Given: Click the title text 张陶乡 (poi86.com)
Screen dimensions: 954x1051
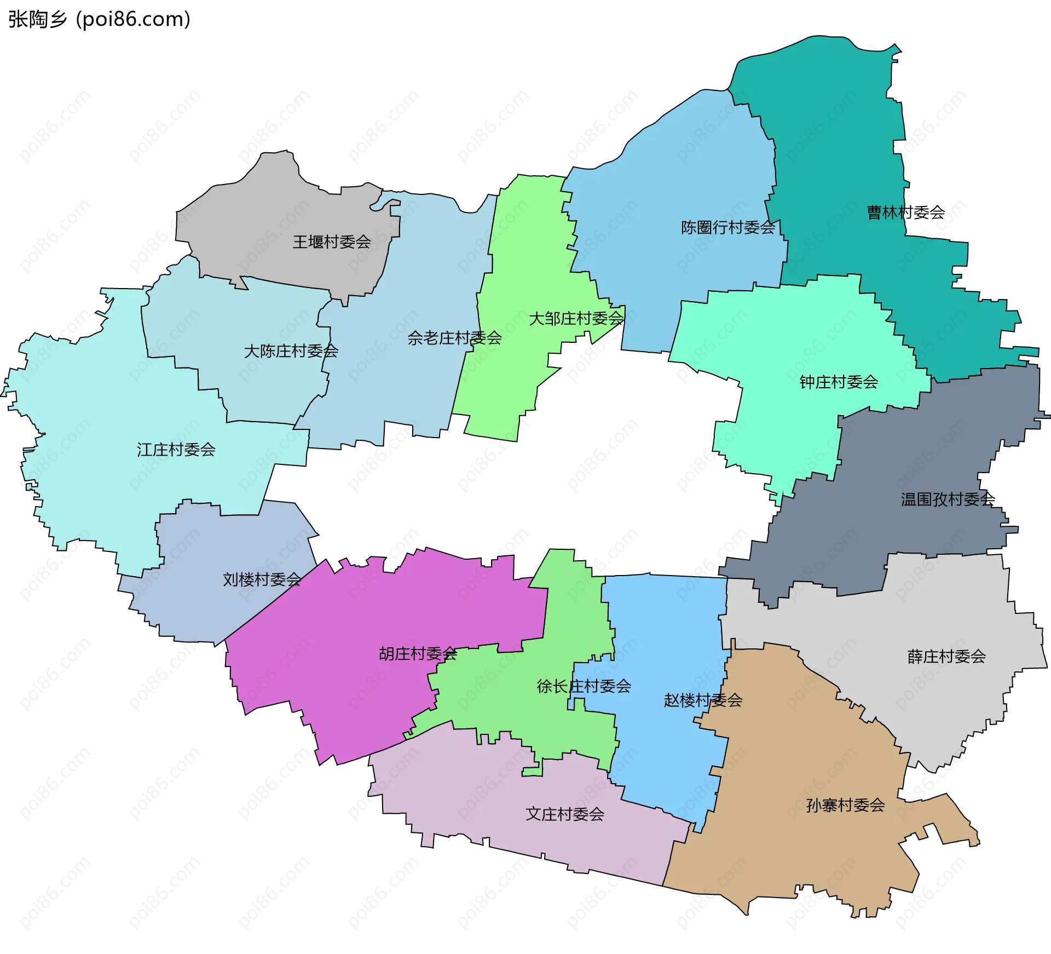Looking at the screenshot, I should pos(99,19).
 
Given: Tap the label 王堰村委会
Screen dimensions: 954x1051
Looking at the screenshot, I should pos(331,242).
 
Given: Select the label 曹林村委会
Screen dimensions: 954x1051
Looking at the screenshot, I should pos(905,212).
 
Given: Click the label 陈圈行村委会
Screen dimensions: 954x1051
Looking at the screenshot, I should pos(727,227).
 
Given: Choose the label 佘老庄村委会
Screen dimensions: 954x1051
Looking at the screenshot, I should pos(454,338).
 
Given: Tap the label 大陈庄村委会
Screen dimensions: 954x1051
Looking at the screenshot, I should pos(291,351).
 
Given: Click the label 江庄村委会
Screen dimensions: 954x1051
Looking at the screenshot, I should pos(176,450).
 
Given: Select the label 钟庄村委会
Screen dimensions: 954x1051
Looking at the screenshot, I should pos(839,382).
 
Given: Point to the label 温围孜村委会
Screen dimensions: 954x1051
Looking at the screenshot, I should pos(948,499).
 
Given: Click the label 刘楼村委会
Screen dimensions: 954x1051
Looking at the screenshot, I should pos(262,579).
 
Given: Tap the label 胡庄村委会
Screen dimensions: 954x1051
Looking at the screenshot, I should pos(418,653).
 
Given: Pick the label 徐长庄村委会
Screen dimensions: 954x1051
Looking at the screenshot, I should pos(584,686).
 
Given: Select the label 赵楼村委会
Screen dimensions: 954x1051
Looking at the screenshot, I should pos(703,700).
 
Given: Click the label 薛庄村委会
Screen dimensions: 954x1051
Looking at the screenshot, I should pos(946,656).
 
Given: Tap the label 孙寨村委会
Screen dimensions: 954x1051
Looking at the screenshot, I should pos(845,805).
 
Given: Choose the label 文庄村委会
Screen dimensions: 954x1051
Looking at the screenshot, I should pos(565,814).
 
